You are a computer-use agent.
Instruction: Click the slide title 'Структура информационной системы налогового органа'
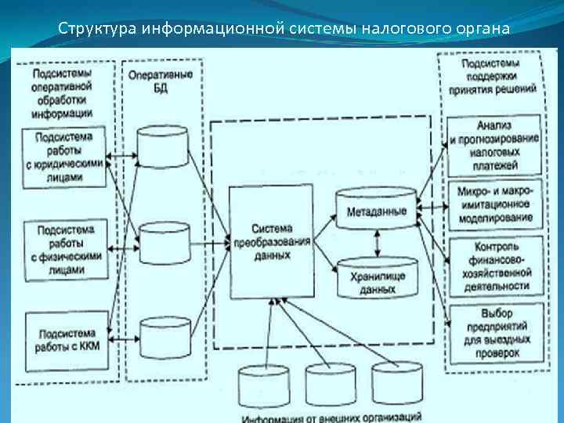pos(284,28)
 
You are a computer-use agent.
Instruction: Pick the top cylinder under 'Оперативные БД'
pos(162,144)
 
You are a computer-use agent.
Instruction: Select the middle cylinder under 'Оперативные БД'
pos(163,241)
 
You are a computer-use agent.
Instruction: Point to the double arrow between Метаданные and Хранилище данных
pos(379,244)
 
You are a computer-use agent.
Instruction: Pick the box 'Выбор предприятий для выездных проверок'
pos(495,333)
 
